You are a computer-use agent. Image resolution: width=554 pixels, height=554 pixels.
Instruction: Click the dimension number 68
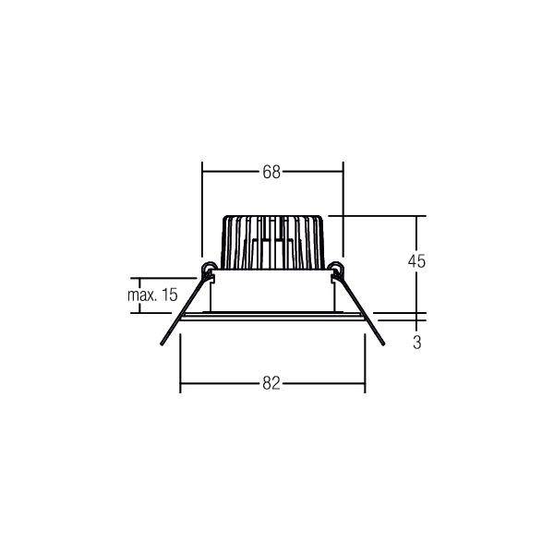tap(271, 171)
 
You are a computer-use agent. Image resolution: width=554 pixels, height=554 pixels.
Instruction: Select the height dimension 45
tap(416, 261)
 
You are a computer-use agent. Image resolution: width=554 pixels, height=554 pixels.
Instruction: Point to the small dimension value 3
tap(417, 343)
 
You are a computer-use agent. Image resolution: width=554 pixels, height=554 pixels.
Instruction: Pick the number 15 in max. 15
tap(168, 295)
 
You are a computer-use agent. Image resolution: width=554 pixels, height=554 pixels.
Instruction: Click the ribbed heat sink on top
tap(272, 242)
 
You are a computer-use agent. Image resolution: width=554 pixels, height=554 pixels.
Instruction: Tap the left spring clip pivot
tap(210, 270)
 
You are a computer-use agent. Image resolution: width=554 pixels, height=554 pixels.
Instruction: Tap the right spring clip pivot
tap(336, 270)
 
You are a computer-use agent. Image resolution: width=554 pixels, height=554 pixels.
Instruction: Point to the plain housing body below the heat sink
tap(272, 291)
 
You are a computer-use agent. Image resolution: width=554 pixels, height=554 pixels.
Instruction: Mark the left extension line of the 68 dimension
tap(202, 212)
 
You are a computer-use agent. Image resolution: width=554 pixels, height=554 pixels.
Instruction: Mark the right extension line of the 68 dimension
tap(343, 212)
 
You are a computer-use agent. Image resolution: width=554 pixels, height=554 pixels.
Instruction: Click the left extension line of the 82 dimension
tap(180, 360)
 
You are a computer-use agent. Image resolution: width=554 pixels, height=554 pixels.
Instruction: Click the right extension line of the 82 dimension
tap(365, 360)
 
